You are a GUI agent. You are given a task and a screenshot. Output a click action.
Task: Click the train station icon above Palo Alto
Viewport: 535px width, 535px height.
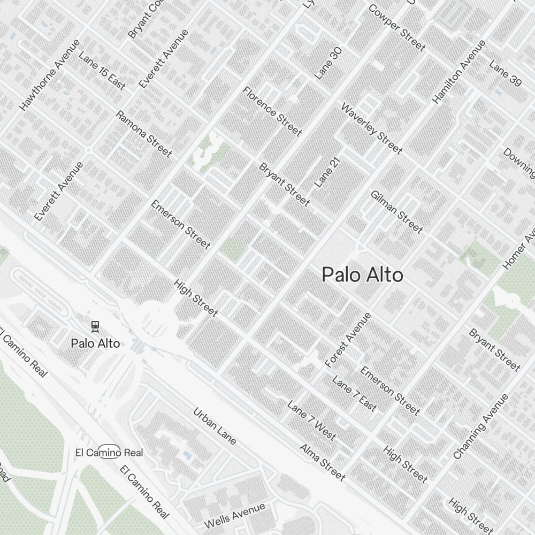coord(95,325)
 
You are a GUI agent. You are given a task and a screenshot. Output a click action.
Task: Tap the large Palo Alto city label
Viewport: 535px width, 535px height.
coord(362,275)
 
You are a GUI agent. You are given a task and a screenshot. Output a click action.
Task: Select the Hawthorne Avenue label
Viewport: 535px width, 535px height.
coord(49,75)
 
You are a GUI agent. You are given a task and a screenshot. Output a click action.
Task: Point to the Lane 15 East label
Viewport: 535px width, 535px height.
coord(102,71)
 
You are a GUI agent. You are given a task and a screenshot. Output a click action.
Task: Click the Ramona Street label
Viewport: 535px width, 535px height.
coord(144,134)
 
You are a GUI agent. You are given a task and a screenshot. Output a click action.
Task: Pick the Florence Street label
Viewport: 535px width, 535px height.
coord(272,111)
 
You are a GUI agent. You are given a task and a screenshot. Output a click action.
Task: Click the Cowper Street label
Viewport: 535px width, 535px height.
coord(396,28)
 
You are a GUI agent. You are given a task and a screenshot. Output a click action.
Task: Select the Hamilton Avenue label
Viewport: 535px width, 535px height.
coord(459,72)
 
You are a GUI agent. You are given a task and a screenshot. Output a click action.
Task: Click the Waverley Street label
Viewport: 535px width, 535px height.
coord(371,129)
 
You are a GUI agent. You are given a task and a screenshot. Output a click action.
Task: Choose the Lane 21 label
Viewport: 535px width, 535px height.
coord(327,172)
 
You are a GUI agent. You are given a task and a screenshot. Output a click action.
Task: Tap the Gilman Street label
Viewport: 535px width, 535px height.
coord(396,212)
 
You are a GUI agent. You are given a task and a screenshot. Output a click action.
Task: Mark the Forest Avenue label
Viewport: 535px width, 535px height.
coord(348,340)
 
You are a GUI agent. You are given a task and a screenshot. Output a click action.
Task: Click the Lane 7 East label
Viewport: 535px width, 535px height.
coord(354,394)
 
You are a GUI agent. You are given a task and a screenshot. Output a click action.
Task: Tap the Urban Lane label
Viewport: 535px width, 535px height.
coord(215,426)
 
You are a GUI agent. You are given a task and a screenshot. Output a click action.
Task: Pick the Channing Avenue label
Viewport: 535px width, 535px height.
coord(480,427)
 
